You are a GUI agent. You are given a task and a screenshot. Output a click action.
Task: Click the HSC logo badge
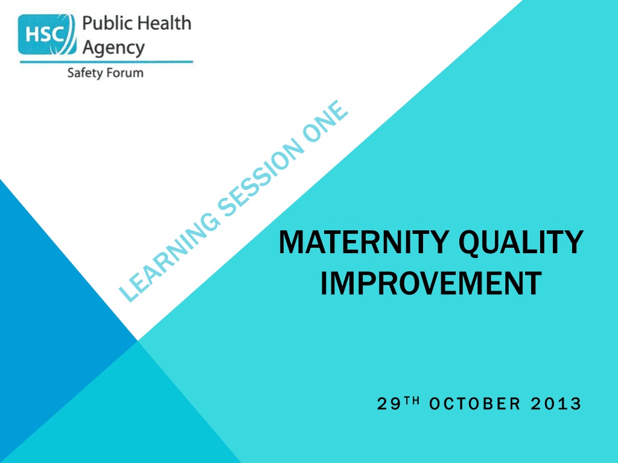click(47, 34)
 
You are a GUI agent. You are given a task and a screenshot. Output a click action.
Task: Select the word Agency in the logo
click(113, 48)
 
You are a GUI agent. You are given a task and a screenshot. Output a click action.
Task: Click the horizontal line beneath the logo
click(106, 62)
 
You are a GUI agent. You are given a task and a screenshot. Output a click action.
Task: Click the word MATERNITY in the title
click(364, 242)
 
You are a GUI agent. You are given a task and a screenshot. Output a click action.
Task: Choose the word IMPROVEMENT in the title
click(431, 283)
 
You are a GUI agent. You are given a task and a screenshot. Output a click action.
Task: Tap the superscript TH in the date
click(412, 401)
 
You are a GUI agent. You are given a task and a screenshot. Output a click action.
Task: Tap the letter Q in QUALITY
click(472, 244)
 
